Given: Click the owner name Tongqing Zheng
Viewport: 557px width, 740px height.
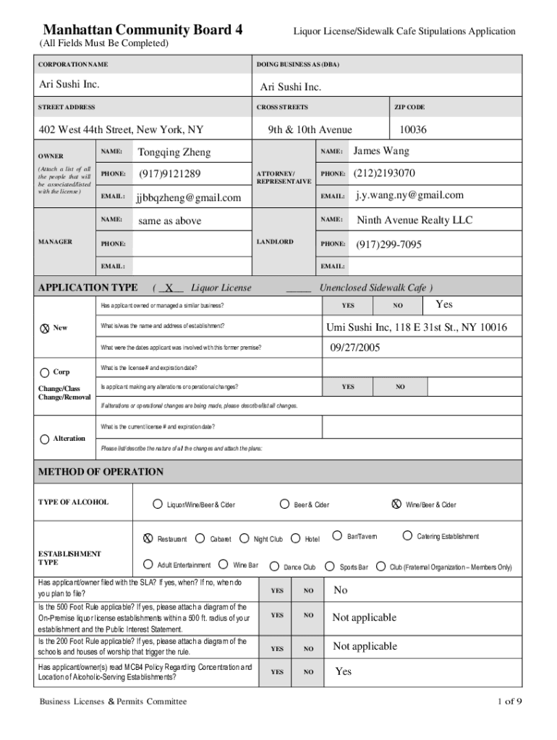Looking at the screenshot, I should click(174, 152).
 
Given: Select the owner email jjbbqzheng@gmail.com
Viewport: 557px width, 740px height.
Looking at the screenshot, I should click(189, 197).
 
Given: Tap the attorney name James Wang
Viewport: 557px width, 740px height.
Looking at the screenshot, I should click(381, 151).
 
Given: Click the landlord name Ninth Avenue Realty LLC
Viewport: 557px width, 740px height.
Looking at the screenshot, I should click(414, 220).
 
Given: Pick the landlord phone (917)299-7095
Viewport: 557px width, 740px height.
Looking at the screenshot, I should click(388, 245).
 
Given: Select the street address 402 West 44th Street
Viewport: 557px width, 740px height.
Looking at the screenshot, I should click(121, 130).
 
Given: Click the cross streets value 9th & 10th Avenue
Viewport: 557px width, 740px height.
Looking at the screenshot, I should click(310, 129).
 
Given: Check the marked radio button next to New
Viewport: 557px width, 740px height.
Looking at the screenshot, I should click(44, 328).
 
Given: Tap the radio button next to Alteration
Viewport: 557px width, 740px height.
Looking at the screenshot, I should click(44, 439).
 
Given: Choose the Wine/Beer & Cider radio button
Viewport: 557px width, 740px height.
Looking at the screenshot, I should click(396, 504).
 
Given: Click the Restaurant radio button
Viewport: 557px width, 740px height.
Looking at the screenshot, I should click(148, 538).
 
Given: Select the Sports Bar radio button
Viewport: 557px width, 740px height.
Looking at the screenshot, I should click(330, 567).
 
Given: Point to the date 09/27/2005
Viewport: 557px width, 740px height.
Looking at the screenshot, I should click(355, 348).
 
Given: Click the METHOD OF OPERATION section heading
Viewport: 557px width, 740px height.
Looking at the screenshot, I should click(101, 472).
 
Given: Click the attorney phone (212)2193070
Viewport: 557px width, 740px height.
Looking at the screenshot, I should click(384, 173).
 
